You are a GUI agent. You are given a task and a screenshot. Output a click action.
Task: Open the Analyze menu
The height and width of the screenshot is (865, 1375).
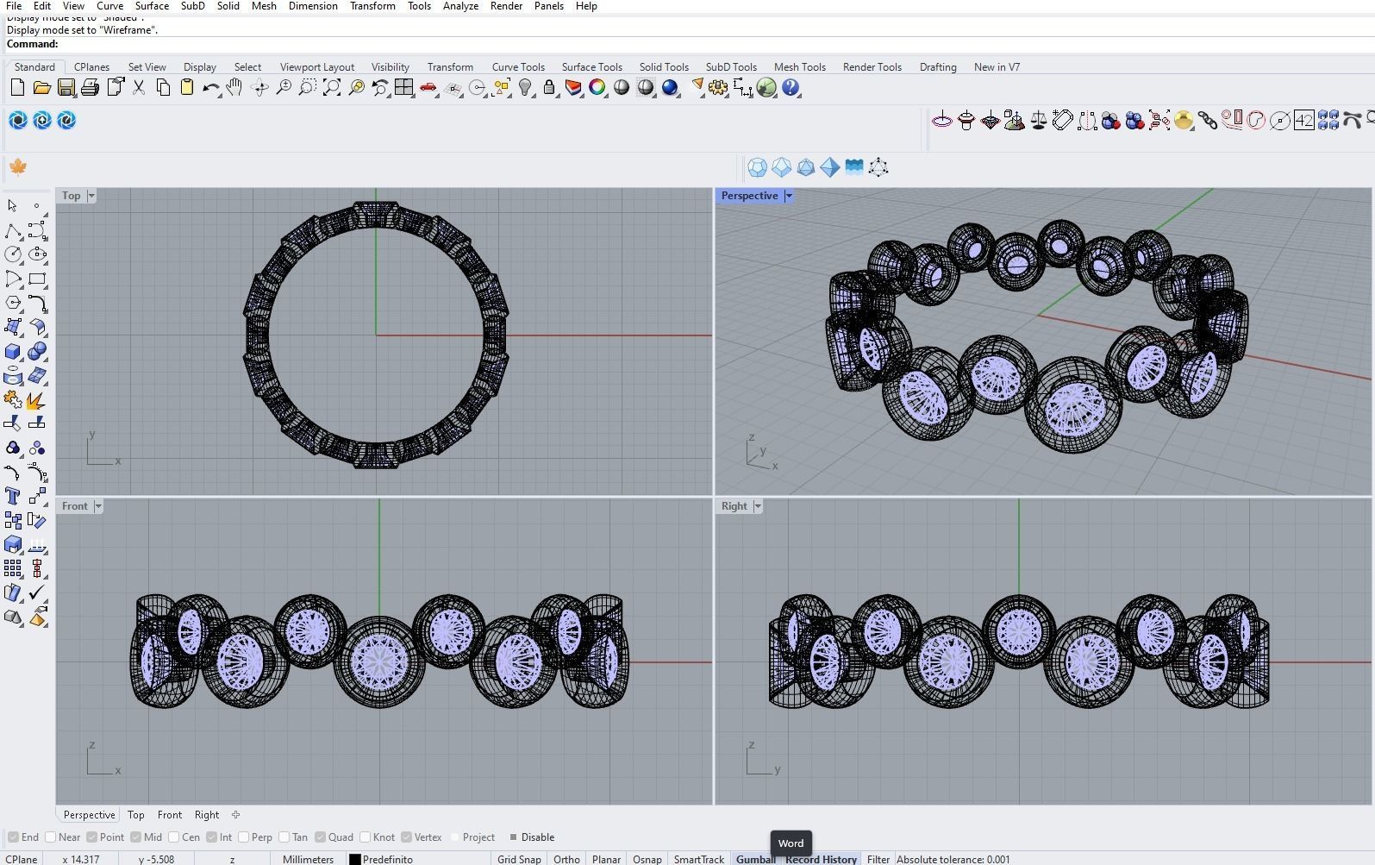pyautogui.click(x=460, y=6)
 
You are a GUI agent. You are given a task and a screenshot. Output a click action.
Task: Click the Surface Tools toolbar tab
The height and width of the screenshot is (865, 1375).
pyautogui.click(x=591, y=66)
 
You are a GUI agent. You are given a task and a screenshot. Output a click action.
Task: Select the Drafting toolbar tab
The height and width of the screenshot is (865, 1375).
pyautogui.click(x=937, y=66)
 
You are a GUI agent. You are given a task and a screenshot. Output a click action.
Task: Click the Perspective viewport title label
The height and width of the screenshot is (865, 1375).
pyautogui.click(x=749, y=196)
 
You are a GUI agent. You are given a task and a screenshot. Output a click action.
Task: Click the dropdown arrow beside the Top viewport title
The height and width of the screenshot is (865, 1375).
pyautogui.click(x=91, y=196)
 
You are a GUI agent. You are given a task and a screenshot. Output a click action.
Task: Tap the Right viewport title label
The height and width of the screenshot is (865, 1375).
pyautogui.click(x=734, y=506)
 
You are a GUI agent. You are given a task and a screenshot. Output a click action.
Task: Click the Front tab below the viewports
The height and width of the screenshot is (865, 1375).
pyautogui.click(x=169, y=814)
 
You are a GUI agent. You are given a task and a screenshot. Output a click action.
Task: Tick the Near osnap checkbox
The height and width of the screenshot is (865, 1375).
pyautogui.click(x=51, y=837)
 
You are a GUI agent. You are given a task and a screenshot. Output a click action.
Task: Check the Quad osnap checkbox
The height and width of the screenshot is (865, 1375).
pyautogui.click(x=320, y=837)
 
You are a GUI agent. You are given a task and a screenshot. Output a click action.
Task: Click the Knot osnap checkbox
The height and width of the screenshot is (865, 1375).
pyautogui.click(x=366, y=837)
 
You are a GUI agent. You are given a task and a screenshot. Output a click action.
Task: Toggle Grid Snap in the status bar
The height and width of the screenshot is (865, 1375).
pyautogui.click(x=519, y=859)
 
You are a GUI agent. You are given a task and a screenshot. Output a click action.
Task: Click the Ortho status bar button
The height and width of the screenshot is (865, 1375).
pyautogui.click(x=566, y=859)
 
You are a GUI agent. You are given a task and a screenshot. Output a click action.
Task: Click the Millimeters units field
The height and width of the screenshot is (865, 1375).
pyautogui.click(x=308, y=859)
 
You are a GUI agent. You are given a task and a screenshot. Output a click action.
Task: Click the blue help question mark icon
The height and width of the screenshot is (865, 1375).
pyautogui.click(x=791, y=88)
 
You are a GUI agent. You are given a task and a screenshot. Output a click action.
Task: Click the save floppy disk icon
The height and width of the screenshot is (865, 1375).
pyautogui.click(x=66, y=88)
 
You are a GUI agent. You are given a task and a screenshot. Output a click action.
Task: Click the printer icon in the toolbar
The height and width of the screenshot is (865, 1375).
pyautogui.click(x=90, y=88)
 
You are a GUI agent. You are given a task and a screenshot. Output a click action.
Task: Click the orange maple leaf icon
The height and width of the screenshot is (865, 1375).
pyautogui.click(x=18, y=166)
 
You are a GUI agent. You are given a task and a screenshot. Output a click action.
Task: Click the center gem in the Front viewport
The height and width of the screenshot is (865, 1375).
pyautogui.click(x=378, y=662)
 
